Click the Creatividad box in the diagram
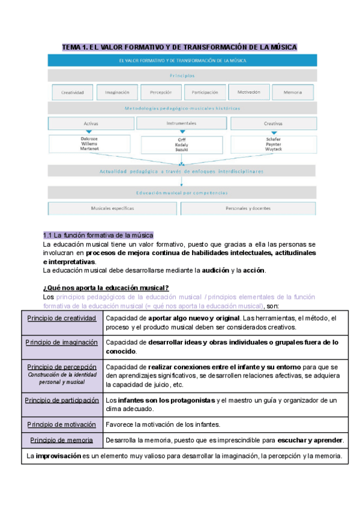(x=72, y=93)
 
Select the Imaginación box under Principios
(x=117, y=93)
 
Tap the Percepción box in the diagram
(x=161, y=93)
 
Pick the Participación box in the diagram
(x=205, y=93)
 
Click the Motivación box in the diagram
(x=248, y=93)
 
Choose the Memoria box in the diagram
(x=292, y=93)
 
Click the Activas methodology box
(x=91, y=124)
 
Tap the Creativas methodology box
(x=273, y=124)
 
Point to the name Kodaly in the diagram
(x=181, y=145)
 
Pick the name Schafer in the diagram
(x=273, y=139)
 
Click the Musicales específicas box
(x=112, y=208)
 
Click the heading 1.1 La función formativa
(x=98, y=235)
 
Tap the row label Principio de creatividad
(x=62, y=318)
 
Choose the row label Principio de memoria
(x=62, y=440)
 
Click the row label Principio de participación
(x=62, y=400)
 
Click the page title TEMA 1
(x=180, y=47)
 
